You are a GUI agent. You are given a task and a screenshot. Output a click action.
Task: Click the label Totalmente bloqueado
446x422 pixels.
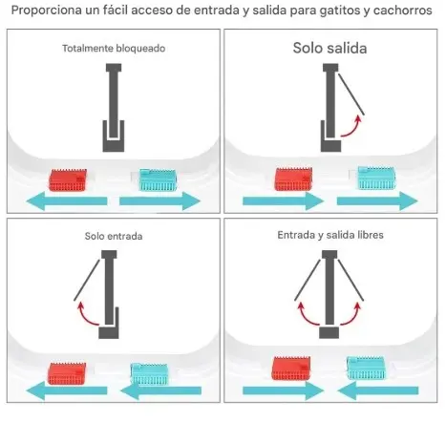tap(114, 49)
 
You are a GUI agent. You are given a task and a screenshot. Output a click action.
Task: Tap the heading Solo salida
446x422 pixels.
tap(329, 48)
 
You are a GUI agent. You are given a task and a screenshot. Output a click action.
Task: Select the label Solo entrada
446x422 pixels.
tap(114, 236)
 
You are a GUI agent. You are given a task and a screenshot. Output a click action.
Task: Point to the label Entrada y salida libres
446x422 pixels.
tap(330, 235)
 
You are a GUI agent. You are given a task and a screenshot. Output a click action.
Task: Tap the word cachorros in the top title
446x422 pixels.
tap(402, 11)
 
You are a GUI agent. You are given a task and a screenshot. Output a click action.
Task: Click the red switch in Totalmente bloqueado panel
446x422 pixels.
tap(68, 180)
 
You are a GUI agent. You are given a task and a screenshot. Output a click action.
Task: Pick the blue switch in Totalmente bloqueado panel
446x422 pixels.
tap(158, 179)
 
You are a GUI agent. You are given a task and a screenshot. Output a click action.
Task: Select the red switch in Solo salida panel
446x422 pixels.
tap(293, 179)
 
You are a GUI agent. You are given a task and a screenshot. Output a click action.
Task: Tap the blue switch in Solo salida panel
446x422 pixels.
tap(377, 178)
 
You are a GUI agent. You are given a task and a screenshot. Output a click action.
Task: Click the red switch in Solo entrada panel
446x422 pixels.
tap(67, 373)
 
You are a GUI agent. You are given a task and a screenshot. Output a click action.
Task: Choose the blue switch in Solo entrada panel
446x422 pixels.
tap(149, 373)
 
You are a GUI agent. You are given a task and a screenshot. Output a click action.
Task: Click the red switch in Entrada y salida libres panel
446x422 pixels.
tap(291, 369)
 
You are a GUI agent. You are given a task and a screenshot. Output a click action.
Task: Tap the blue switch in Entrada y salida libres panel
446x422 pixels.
tap(366, 368)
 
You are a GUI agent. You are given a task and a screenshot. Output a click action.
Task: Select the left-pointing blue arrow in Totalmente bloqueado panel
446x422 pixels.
tap(67, 201)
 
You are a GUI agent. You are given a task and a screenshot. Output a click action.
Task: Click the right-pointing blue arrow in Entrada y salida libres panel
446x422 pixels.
tap(283, 390)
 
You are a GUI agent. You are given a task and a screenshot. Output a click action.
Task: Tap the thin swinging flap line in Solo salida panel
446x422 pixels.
tap(351, 94)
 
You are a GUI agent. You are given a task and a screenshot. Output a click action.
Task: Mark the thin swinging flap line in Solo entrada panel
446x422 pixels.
tap(87, 280)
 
